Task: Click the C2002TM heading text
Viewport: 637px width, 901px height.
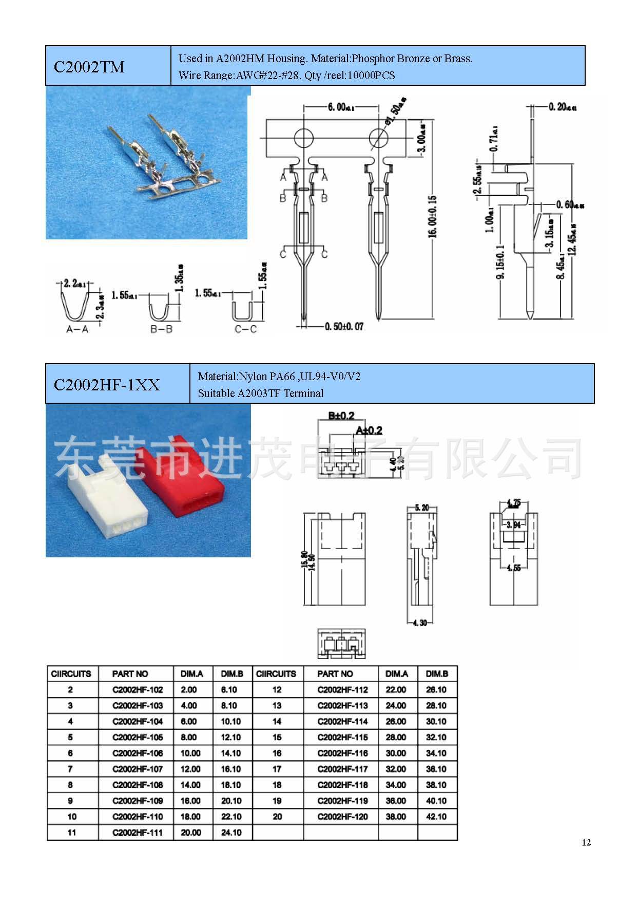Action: (89, 67)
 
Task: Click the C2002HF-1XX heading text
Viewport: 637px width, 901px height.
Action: (107, 385)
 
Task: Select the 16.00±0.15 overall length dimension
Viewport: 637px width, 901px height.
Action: (432, 216)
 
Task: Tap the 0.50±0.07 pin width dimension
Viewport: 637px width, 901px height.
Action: (344, 327)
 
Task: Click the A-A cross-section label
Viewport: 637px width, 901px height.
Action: (77, 329)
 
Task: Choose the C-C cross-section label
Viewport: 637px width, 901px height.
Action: (245, 329)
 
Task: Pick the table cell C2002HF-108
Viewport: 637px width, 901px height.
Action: (138, 785)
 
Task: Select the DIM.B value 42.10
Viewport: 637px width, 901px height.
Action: (436, 817)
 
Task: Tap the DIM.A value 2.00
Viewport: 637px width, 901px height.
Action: (189, 690)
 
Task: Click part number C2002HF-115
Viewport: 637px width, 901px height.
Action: (342, 737)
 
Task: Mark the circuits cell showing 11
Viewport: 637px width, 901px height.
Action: (71, 833)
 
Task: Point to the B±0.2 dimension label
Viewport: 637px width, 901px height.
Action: (341, 416)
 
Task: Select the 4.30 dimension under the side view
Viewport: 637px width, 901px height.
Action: (419, 623)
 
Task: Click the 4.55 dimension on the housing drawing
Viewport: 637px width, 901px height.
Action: (513, 568)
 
